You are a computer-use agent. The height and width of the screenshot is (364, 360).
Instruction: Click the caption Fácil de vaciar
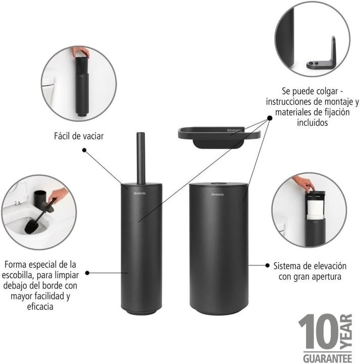[x=79, y=136]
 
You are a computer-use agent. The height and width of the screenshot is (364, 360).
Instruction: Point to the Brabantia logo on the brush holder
[x=138, y=193]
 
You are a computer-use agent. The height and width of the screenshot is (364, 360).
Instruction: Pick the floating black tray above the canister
[x=218, y=135]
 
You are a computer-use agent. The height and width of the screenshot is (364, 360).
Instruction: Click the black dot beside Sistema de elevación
[x=266, y=264]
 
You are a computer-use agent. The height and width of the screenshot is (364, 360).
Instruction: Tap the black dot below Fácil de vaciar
[x=84, y=150]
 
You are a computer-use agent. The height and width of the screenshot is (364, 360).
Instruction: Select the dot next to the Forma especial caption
[x=87, y=272]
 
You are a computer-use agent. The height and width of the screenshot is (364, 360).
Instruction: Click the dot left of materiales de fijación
[x=269, y=118]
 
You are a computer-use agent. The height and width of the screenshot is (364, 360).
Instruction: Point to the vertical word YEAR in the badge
[x=346, y=333]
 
